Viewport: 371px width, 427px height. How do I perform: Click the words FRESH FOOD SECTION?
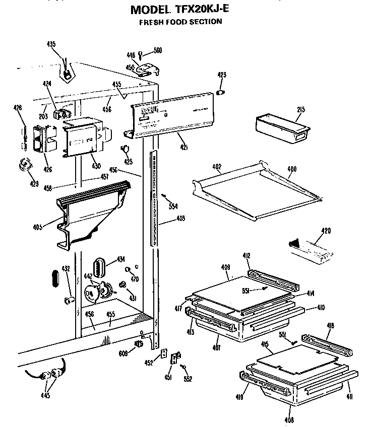point(180,22)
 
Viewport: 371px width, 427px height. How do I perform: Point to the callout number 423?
point(221,75)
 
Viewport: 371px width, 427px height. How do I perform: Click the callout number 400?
point(291,169)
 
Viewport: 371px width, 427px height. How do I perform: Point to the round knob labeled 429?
point(23,164)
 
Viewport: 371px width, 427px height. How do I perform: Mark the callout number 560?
point(157,50)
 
